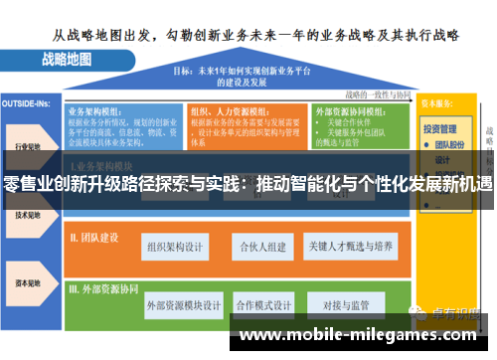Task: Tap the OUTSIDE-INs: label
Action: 26,103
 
